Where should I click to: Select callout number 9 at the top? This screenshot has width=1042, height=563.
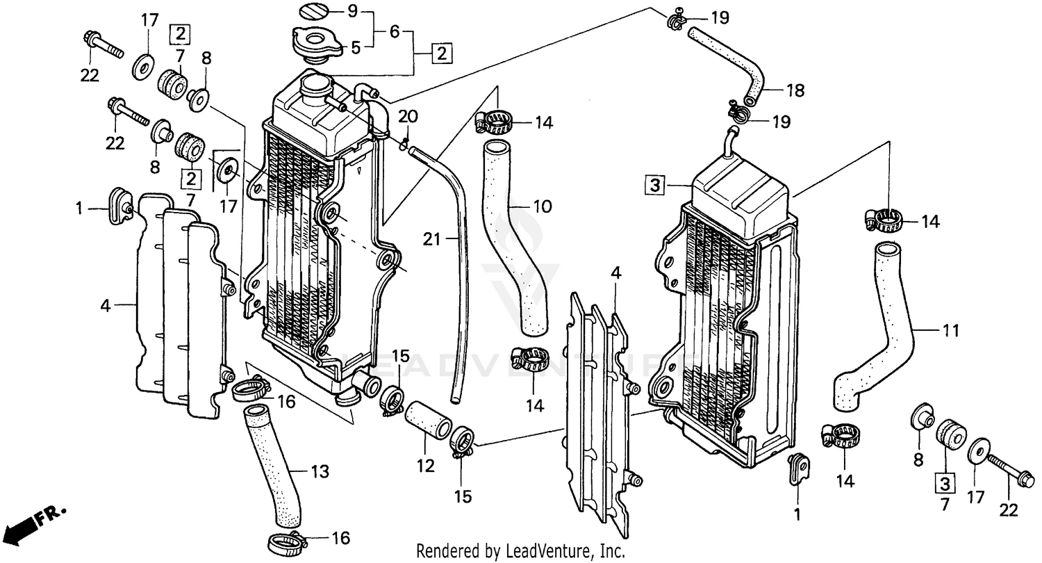pos(352,11)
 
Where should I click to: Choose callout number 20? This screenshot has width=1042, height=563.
pos(408,115)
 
